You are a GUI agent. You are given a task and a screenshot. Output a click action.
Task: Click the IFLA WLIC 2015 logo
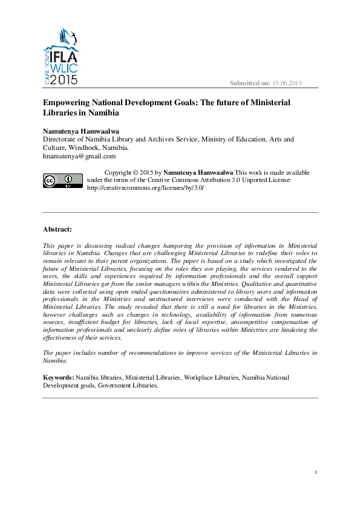tap(61, 56)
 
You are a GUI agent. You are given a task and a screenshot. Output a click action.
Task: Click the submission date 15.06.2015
tap(287, 82)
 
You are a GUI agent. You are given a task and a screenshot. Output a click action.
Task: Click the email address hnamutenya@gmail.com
tap(79, 156)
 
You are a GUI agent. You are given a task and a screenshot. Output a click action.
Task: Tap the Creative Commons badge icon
tap(62, 180)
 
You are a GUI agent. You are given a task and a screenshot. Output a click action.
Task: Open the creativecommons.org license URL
tap(146, 188)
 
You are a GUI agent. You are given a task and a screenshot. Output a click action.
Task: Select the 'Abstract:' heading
tap(57, 229)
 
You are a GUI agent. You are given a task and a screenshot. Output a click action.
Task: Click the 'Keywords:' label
tap(58, 377)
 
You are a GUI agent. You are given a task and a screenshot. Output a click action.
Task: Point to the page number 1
tap(316, 472)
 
